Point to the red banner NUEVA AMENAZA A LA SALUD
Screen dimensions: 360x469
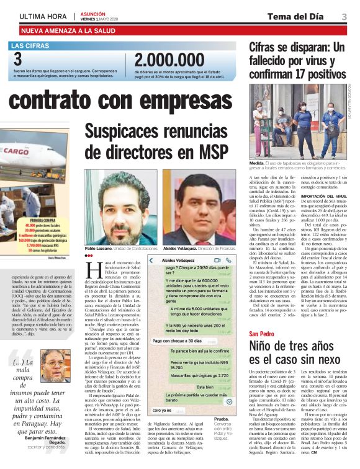click(x=69, y=30)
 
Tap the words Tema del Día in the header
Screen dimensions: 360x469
click(x=296, y=16)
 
